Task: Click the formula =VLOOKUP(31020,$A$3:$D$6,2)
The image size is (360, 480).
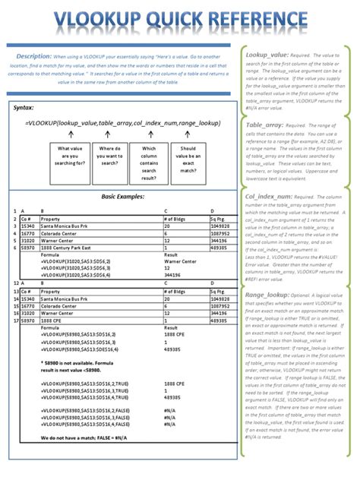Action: (x=75, y=261)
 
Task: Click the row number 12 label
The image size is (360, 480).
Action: (x=16, y=282)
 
